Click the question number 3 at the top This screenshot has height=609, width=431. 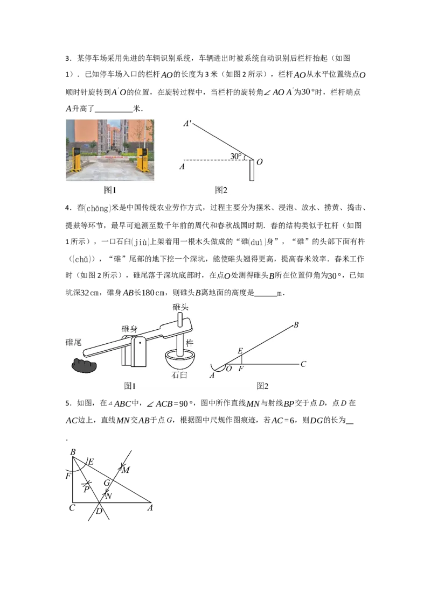pos(68,59)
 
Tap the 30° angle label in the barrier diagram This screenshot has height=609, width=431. pos(236,155)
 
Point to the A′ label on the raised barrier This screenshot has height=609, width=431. pos(187,124)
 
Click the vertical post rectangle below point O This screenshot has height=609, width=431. pos(252,170)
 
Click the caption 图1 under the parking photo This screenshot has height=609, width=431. pos(110,190)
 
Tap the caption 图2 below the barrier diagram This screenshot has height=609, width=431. pos(221,190)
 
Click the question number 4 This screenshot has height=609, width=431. pos(68,208)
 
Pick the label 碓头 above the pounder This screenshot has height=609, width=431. pos(180,307)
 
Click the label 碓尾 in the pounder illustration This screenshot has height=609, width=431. pos(73,342)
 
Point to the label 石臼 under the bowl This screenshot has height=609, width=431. pos(179,375)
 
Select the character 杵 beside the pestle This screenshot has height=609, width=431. pos(190,343)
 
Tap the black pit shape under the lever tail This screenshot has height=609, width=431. pos(84,365)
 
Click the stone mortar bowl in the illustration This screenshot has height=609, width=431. pos(180,360)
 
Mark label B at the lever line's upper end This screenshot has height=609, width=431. pos(296,325)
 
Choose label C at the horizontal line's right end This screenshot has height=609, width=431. pos(303,364)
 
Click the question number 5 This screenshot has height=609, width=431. pos(68,403)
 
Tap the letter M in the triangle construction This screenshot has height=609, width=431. pos(126,470)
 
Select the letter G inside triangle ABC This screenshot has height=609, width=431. pos(107,483)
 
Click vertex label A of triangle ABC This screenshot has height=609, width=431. pos(150,508)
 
